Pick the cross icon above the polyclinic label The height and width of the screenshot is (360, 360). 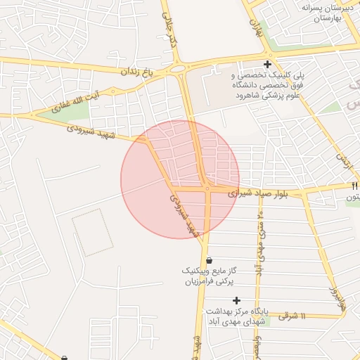(267, 65)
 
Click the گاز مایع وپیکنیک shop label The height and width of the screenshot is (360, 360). (209, 276)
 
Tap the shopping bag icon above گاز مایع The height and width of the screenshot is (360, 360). (209, 260)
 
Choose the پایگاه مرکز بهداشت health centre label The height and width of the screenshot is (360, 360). (236, 316)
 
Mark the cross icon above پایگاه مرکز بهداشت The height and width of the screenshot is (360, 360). (236, 300)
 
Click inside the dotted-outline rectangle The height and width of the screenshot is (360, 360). (92, 231)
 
